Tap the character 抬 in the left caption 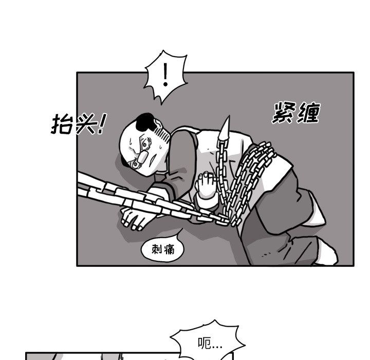pos(61,124)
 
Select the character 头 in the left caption pos(84,124)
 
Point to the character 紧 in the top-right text pos(284,113)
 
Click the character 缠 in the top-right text pos(308,113)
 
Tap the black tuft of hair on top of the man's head pos(148,121)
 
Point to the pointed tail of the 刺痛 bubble pos(176,238)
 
